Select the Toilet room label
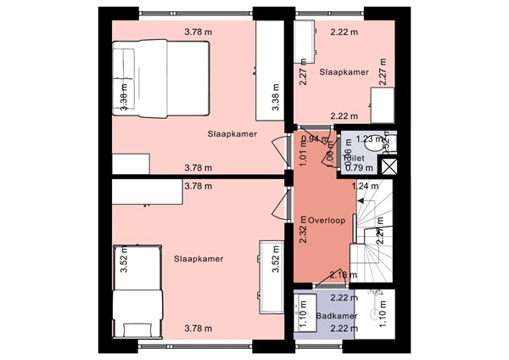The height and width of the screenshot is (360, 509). pos(352,158)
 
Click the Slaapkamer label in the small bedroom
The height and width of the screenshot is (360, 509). pos(344,73)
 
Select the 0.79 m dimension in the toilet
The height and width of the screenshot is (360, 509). pos(355,167)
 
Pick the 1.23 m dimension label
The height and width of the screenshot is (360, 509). pos(370,139)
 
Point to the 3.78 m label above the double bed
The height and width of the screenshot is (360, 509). pos(199,33)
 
